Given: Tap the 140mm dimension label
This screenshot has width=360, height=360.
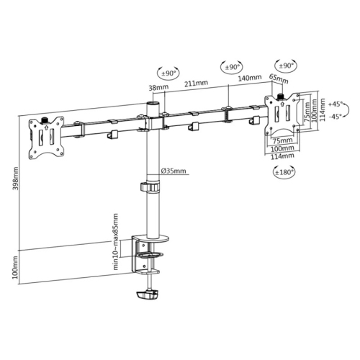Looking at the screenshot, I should pos(248,77).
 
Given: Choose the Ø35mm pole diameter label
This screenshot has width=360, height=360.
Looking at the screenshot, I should pos(174,171).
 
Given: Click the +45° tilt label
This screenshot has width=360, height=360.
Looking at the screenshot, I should pos(334,104).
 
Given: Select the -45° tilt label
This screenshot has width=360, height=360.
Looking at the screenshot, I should pos(334,116).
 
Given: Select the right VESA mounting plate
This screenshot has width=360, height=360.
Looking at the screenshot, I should pos(282,114).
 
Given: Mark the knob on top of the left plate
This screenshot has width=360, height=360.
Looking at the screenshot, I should pos(45,117).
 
